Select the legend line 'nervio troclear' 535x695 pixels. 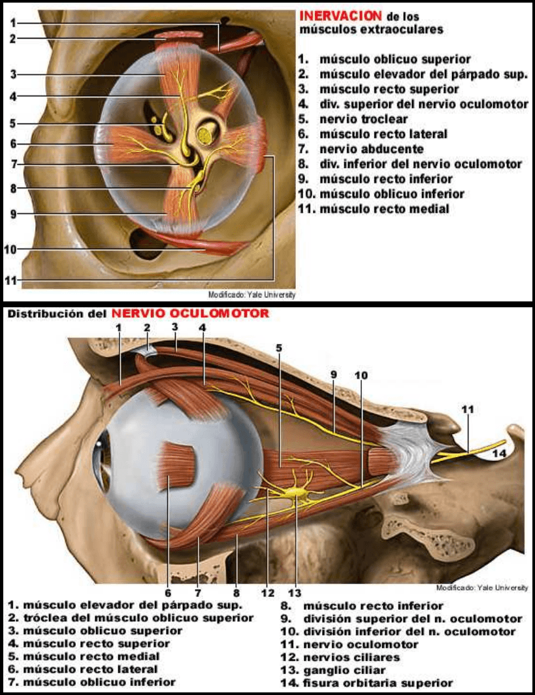point(363,119)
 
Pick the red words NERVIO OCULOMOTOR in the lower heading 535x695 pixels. point(189,313)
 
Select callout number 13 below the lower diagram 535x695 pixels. point(295,592)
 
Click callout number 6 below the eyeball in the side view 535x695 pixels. point(168,592)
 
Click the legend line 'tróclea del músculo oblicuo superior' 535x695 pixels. point(131,618)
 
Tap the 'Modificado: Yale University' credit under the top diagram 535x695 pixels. point(251,295)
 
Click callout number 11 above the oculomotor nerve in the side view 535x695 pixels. point(467,409)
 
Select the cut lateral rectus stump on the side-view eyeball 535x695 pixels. point(178,466)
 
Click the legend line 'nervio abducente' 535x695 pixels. point(361,149)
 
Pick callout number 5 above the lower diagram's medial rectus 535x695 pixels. point(279,348)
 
